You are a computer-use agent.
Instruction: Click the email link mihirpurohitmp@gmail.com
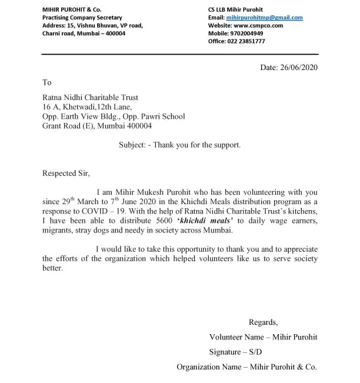coord(265,18)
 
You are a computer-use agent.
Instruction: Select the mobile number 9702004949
coord(247,34)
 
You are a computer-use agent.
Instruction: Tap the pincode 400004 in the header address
coord(114,34)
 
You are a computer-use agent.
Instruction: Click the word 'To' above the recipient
coord(46,83)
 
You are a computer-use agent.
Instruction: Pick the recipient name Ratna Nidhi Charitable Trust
coord(91,98)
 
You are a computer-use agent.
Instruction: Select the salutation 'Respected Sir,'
coord(66,173)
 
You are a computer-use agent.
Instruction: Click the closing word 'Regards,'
coord(263,322)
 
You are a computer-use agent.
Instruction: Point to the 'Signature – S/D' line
coord(235,352)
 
